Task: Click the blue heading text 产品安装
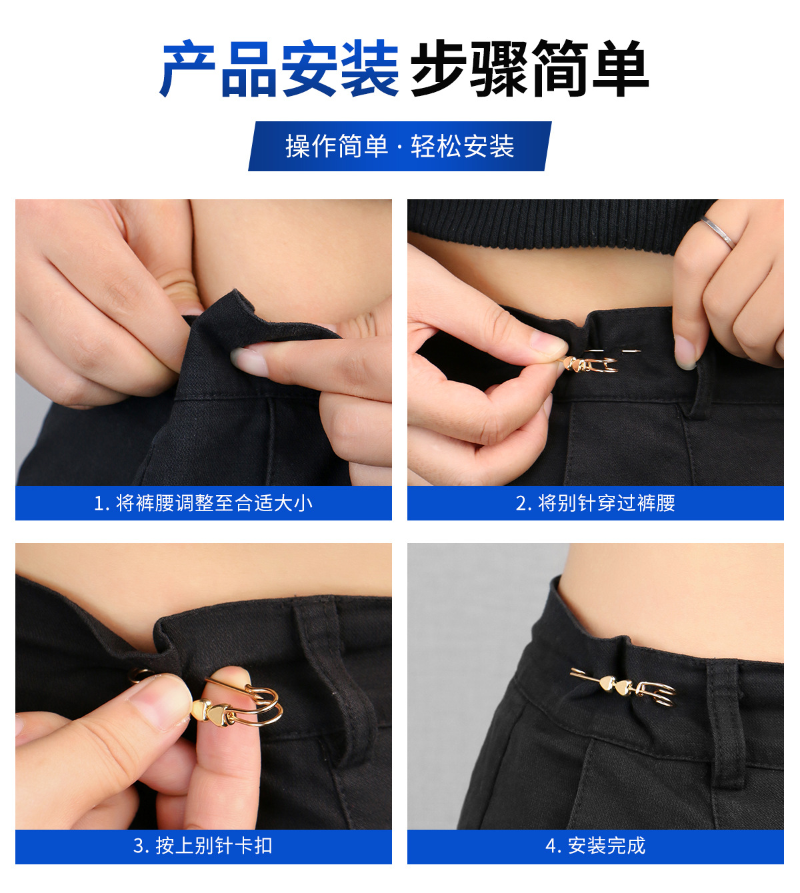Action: pyautogui.click(x=279, y=69)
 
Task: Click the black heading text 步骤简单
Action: pyautogui.click(x=529, y=69)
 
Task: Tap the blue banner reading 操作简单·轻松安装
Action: pyautogui.click(x=399, y=147)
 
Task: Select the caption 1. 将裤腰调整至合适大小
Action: pyautogui.click(x=203, y=503)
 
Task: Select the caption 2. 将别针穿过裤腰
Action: pyautogui.click(x=595, y=503)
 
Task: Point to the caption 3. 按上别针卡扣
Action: pyautogui.click(x=203, y=846)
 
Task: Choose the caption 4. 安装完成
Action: pyautogui.click(x=595, y=846)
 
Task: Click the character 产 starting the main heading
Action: pyautogui.click(x=188, y=69)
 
